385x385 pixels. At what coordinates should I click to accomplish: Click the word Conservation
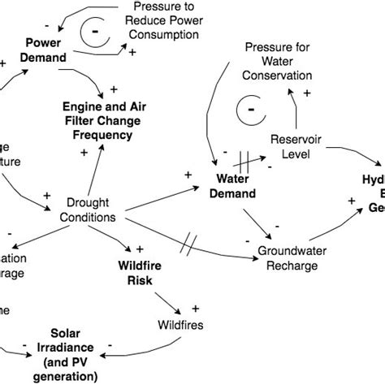click(x=279, y=76)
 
